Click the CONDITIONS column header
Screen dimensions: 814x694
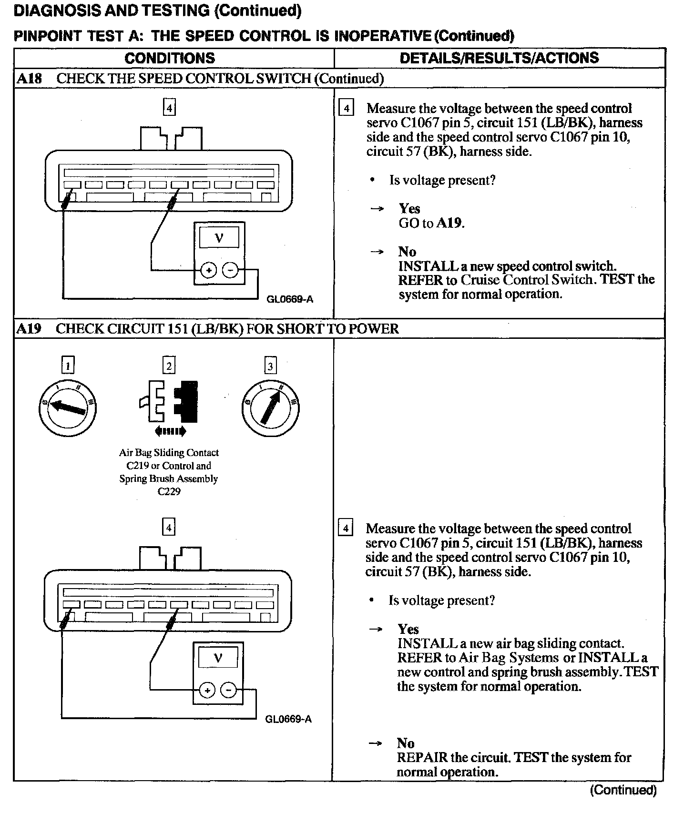coord(170,58)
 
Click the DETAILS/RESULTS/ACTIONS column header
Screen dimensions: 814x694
coord(499,58)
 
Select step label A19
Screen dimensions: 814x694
coord(29,329)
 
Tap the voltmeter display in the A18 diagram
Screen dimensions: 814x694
coord(219,237)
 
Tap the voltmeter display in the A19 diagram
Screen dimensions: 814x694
coord(218,658)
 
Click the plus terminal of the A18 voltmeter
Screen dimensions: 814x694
coord(208,271)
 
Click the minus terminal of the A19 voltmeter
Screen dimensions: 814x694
coord(229,690)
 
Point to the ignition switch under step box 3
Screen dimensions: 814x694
coord(270,407)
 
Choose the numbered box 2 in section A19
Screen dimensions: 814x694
coord(169,366)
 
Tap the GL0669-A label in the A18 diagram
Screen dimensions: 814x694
coord(290,299)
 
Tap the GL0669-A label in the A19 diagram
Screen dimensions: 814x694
coord(288,719)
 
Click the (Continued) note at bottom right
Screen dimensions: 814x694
coord(623,790)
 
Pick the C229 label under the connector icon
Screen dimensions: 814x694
coord(169,491)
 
